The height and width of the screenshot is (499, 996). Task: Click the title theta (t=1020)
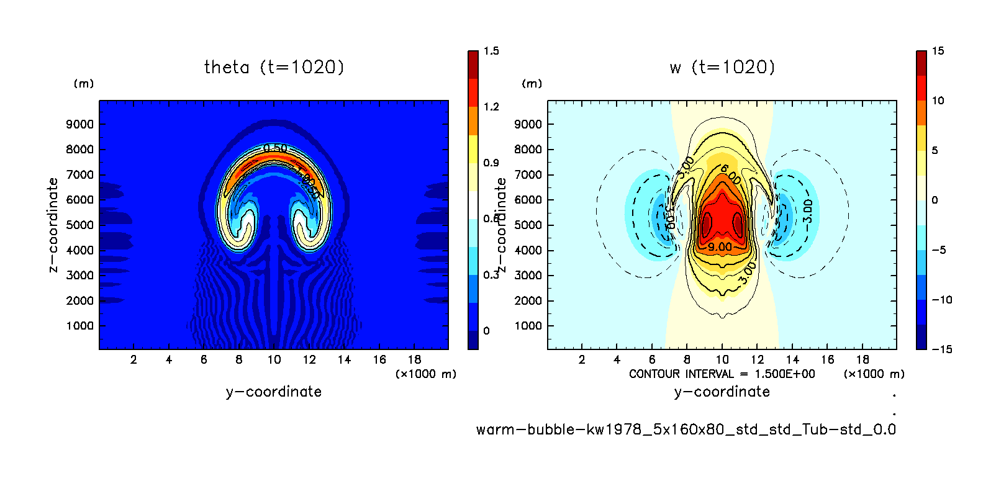[x=274, y=67]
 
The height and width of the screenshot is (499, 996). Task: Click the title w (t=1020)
[x=722, y=67]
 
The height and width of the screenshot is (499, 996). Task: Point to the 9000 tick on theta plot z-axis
[x=80, y=124]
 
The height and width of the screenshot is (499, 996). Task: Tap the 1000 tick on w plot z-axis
[x=528, y=326]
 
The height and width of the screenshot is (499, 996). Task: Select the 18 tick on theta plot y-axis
[x=414, y=359]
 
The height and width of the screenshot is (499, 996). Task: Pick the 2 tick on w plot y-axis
[x=582, y=359]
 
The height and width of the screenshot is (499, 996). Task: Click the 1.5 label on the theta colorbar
[x=491, y=51]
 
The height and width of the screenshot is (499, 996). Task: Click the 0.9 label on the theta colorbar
[x=491, y=163]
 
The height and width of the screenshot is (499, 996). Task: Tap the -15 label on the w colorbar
[x=941, y=349]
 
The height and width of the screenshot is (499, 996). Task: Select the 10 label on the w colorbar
[x=938, y=101]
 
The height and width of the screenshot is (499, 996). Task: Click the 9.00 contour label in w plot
[x=720, y=247]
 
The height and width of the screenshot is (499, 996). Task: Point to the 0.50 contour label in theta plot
[x=275, y=148]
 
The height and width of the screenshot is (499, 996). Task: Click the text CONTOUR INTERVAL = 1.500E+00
[x=722, y=374]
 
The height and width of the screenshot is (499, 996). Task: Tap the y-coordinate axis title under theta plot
[x=274, y=392]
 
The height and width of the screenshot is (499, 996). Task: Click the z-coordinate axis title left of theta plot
[x=53, y=225]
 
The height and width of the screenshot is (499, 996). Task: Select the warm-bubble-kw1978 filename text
[x=686, y=429]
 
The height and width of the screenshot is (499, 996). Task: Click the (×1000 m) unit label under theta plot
[x=425, y=374]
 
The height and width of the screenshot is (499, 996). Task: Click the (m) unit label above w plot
[x=532, y=84]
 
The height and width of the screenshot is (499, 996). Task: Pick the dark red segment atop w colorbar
[x=921, y=63]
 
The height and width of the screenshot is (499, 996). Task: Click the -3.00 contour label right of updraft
[x=807, y=211]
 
